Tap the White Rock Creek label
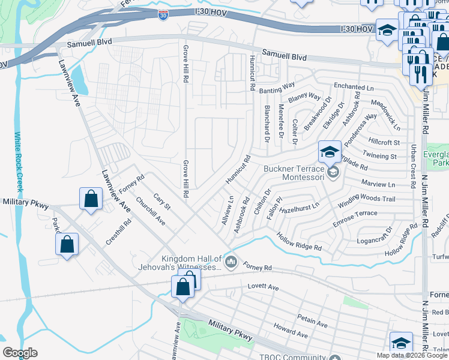click(18, 162)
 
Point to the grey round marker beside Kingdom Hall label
click(231, 262)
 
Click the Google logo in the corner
click(20, 353)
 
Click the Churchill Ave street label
click(151, 212)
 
